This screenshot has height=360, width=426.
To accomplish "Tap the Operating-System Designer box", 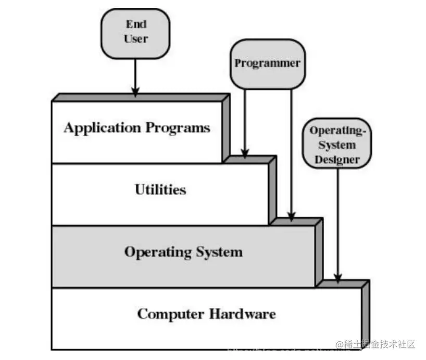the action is tap(337, 145).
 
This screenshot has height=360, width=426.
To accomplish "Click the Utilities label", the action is tap(160, 189).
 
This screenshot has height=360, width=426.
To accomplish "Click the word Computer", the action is tap(171, 314).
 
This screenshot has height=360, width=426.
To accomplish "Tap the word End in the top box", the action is tap(135, 24).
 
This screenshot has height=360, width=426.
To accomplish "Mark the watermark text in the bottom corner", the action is tap(375, 344).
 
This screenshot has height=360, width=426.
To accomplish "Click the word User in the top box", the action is tap(135, 38).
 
